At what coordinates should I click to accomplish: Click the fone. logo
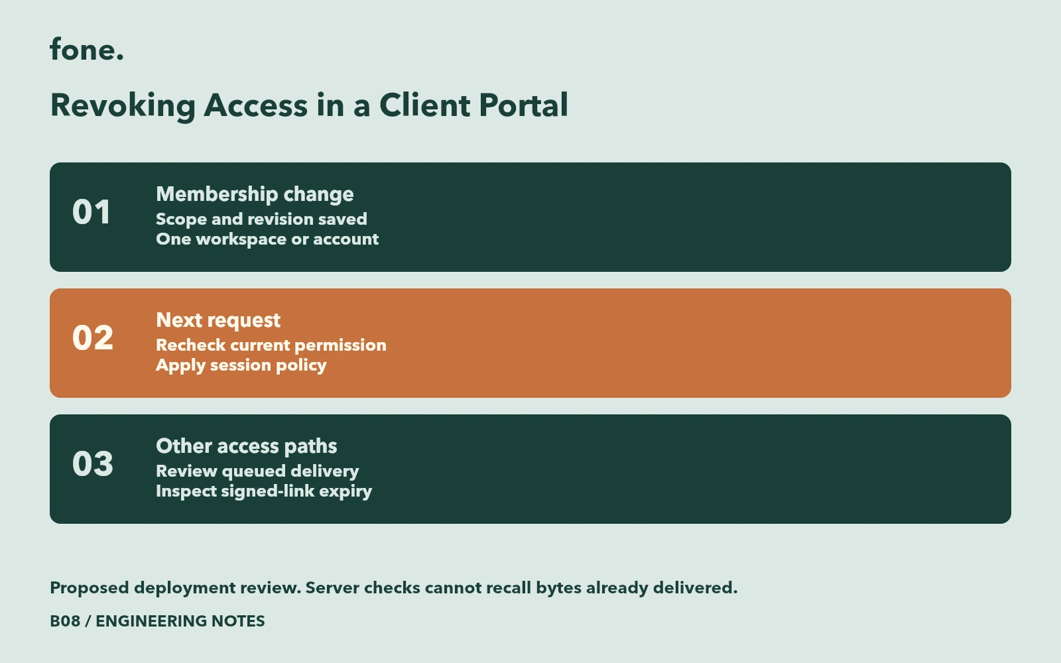[x=87, y=49]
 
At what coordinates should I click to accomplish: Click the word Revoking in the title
[x=123, y=106]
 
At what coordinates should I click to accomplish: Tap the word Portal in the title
[x=523, y=105]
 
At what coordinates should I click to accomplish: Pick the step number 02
[x=93, y=337]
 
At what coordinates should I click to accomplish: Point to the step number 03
[x=93, y=463]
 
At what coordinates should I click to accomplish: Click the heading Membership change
[x=255, y=195]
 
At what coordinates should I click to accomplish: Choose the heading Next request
[x=218, y=321]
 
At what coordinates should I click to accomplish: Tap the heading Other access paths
[x=247, y=447]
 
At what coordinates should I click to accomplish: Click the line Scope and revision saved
[x=261, y=219]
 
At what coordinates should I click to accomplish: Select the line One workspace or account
[x=267, y=239]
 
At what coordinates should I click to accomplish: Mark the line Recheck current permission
[x=271, y=345]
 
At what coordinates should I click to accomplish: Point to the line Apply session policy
[x=241, y=365]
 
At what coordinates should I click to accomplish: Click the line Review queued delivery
[x=258, y=471]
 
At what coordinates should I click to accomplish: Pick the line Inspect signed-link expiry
[x=264, y=491]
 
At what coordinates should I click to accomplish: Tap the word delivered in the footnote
[x=695, y=587]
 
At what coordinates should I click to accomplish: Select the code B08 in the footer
[x=65, y=621]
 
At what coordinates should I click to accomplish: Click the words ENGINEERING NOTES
[x=180, y=621]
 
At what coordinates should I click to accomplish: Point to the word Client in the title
[x=424, y=105]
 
